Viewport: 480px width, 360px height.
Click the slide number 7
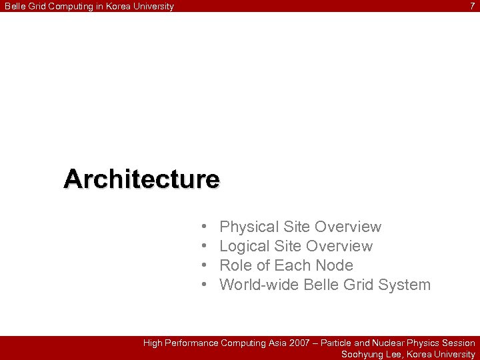pos(473,6)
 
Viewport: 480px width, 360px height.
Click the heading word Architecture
pos(141,179)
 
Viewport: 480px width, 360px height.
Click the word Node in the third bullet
pos(335,265)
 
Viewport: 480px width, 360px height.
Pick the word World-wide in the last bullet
pos(259,285)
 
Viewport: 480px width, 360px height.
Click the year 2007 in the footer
pos(300,343)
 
